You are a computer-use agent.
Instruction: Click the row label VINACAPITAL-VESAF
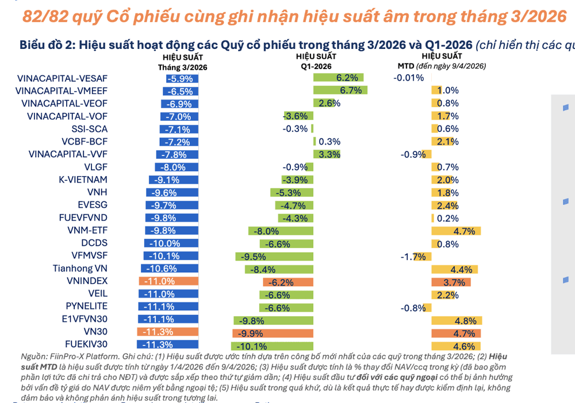(63, 78)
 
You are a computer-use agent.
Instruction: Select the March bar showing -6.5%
(178, 91)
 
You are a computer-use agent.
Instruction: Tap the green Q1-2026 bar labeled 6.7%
(340, 91)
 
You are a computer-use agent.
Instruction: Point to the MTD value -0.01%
(408, 78)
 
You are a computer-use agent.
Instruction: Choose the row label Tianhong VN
(80, 269)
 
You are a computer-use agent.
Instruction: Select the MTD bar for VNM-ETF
(454, 231)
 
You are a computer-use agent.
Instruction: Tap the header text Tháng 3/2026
(183, 67)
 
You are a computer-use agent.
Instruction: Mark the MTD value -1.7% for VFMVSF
(413, 256)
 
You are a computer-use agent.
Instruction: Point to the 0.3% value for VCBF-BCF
(329, 142)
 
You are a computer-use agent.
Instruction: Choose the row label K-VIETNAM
(83, 180)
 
